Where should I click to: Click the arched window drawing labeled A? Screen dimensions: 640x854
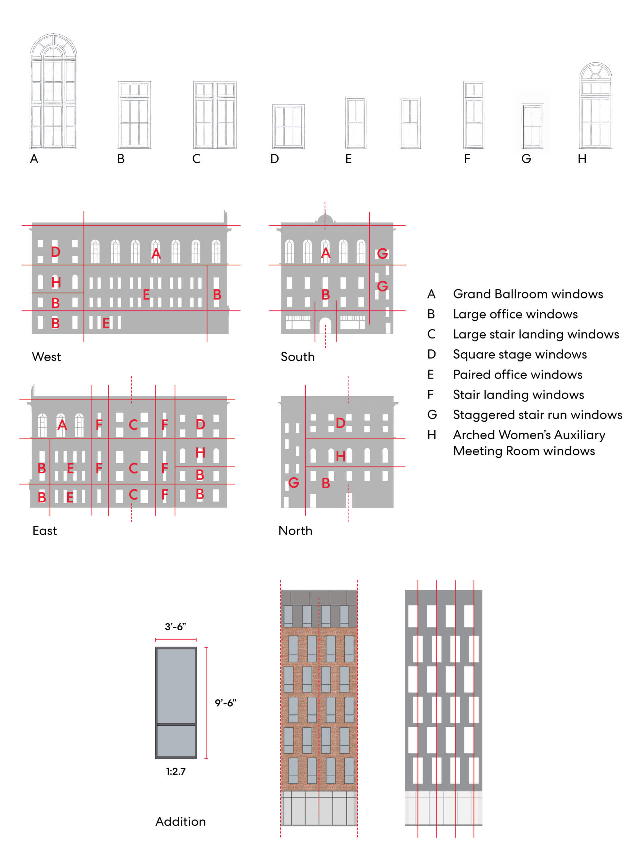[x=53, y=91]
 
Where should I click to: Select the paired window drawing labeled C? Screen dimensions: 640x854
[x=215, y=115]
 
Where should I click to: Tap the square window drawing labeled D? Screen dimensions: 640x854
[x=288, y=127]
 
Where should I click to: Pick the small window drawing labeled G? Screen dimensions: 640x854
[x=532, y=126]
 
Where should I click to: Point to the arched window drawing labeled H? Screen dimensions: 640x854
[x=596, y=106]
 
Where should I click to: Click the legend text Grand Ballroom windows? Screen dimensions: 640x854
[x=528, y=294]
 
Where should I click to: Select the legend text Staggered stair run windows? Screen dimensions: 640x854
[x=537, y=415]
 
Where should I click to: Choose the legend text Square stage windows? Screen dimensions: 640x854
[x=520, y=354]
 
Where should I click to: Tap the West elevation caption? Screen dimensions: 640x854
[x=46, y=357]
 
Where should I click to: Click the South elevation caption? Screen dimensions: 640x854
[x=297, y=357]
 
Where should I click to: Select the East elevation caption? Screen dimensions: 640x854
[x=45, y=531]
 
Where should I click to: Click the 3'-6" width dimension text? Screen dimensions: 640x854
[x=176, y=627]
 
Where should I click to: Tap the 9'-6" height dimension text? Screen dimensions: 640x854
[x=226, y=703]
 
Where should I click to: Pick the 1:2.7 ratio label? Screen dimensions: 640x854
[x=176, y=771]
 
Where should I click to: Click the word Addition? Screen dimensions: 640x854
[x=181, y=822]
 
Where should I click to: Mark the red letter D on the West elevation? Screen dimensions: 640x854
[x=56, y=252]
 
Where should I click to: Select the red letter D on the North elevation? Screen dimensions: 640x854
[x=340, y=423]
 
